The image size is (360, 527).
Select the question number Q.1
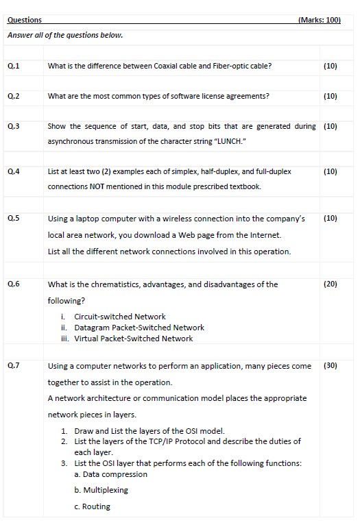[x=13, y=66]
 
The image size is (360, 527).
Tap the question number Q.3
[x=13, y=127]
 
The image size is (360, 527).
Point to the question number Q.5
[x=13, y=219]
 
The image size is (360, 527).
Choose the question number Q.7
[x=13, y=366]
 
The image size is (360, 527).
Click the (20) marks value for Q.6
[x=329, y=284]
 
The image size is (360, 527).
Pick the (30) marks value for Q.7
[x=329, y=366]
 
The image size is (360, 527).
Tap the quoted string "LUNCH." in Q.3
[x=249, y=141]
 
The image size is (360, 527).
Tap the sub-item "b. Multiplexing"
[x=101, y=490]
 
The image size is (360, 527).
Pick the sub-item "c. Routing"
[x=92, y=506]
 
